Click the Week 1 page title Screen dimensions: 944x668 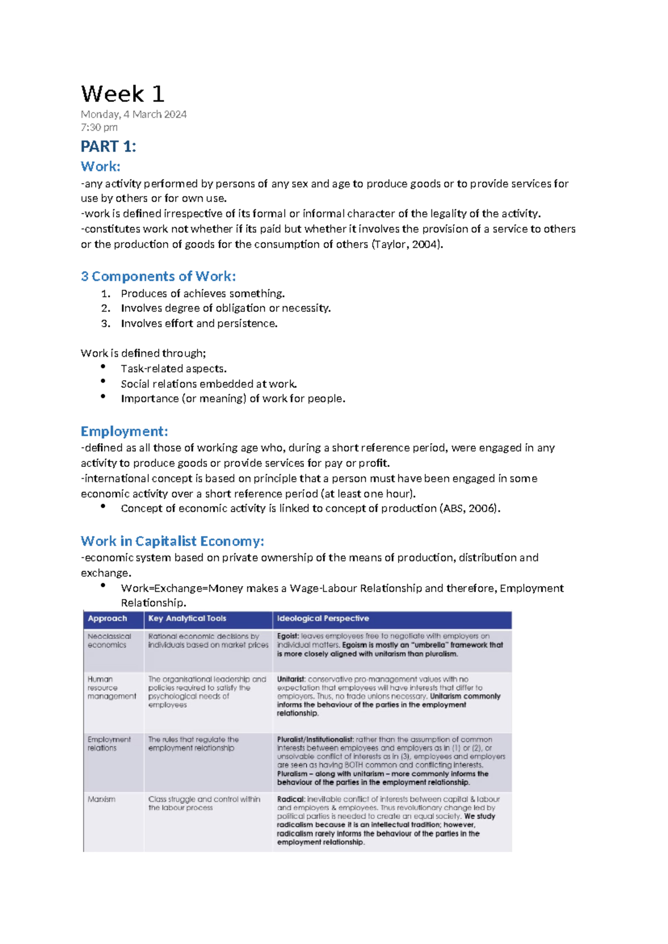[x=122, y=94]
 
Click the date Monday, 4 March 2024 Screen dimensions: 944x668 [x=134, y=115]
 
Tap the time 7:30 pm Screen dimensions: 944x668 [x=99, y=127]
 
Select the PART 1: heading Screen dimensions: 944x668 [x=109, y=146]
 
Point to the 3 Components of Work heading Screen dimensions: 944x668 [x=158, y=276]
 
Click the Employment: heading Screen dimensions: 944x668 [x=124, y=431]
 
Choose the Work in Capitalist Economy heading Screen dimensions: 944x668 [x=172, y=541]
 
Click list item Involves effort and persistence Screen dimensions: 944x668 [x=199, y=323]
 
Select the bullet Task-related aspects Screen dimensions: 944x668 [x=174, y=368]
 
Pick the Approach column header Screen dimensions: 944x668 [x=107, y=618]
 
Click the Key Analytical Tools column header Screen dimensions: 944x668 [x=187, y=618]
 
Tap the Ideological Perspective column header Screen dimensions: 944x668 [x=323, y=618]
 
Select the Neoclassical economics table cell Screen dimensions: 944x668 [x=109, y=641]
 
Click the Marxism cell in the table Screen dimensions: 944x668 [x=101, y=799]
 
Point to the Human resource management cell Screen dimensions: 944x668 [x=111, y=688]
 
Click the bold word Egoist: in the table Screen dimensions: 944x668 [x=288, y=636]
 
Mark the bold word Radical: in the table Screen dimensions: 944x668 [x=291, y=799]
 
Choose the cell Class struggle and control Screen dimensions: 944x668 [x=204, y=803]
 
